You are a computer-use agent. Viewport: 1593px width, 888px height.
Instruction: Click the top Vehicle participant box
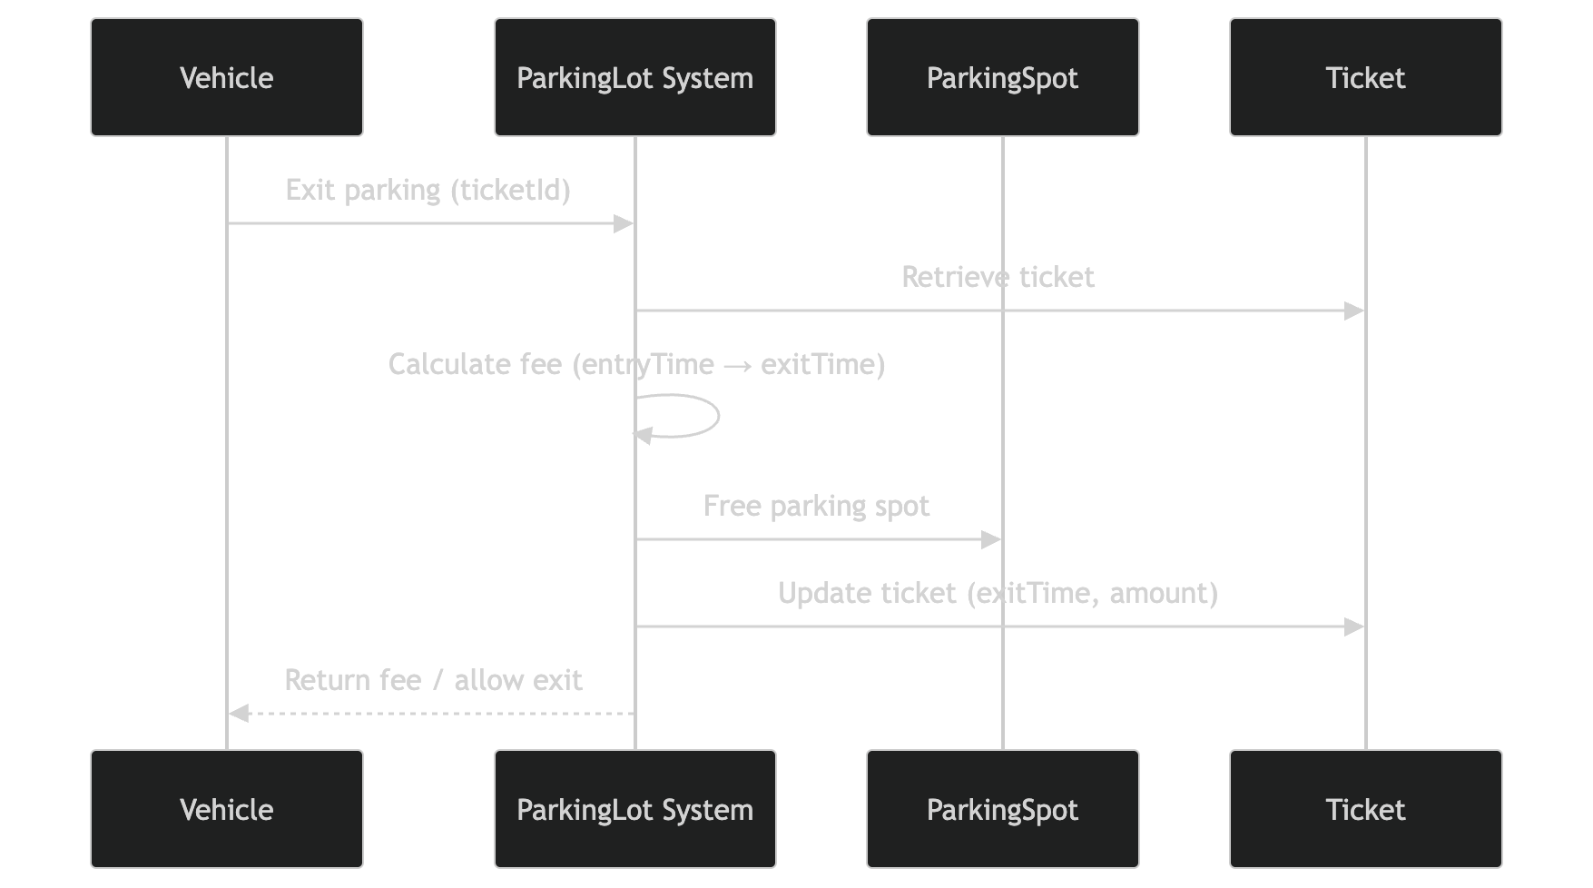coord(227,77)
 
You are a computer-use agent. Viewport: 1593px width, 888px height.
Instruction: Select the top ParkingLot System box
coord(634,77)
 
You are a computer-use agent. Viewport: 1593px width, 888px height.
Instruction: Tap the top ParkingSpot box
coord(1002,77)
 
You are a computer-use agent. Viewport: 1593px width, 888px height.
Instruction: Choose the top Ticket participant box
coord(1365,77)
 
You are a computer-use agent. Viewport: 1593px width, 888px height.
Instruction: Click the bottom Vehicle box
coord(227,809)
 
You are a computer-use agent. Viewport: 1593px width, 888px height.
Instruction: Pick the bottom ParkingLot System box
coord(634,809)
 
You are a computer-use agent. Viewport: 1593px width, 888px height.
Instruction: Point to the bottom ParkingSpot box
coord(1002,809)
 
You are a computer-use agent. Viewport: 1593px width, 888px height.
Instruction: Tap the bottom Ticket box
coord(1365,809)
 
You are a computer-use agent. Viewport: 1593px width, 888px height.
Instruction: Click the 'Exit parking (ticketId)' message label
coord(428,190)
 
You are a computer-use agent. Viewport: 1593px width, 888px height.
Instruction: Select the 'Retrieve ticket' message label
coord(998,277)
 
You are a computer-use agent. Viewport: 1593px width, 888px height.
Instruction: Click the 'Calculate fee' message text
coord(635,364)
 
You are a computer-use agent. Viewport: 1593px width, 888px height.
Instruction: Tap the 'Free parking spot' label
coord(816,506)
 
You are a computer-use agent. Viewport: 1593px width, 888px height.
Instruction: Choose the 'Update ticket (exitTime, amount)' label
coord(998,593)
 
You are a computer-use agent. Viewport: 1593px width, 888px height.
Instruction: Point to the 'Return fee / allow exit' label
coord(433,680)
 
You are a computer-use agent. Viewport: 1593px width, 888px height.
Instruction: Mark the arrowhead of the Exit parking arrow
coord(624,223)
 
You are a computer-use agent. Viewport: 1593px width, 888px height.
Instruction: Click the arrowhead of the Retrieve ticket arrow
coord(1354,311)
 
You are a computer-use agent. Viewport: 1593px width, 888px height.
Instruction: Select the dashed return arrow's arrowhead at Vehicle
coord(239,714)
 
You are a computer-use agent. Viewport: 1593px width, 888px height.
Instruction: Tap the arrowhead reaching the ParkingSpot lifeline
coord(991,539)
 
